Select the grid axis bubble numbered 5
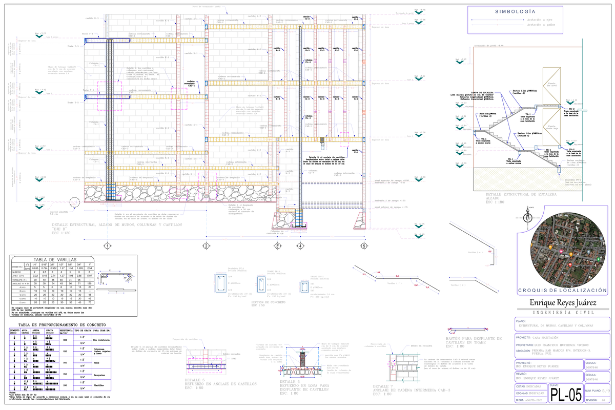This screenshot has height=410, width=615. (x=364, y=246)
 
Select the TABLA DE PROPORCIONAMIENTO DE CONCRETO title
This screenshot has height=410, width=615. (x=57, y=325)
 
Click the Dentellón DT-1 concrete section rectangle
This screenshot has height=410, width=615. (x=221, y=283)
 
